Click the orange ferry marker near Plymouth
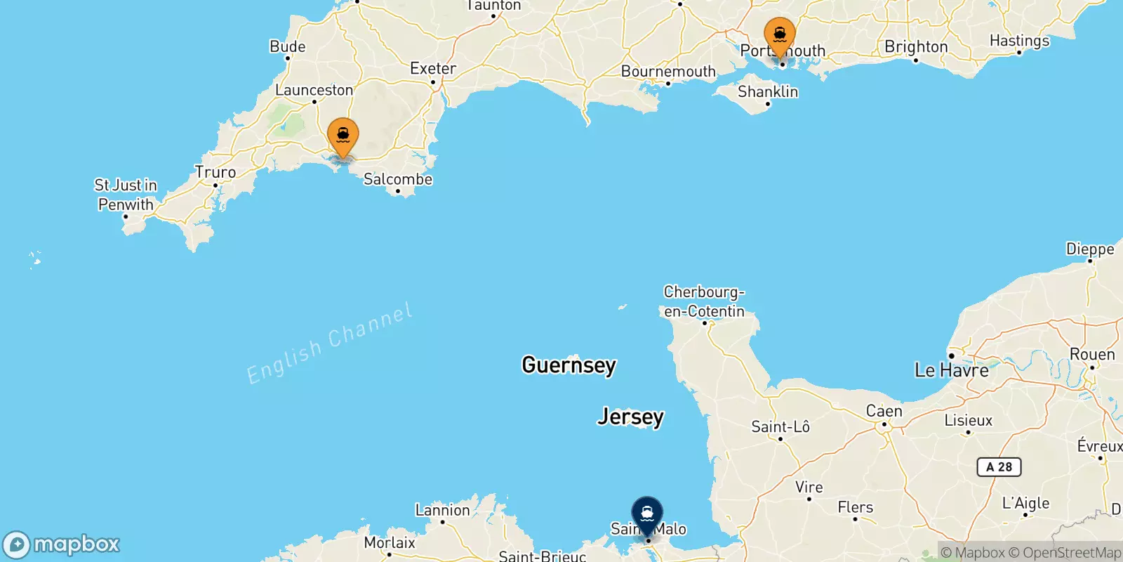[x=343, y=136]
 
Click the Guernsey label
[x=569, y=365]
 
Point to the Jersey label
[x=630, y=417]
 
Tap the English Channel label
[x=329, y=344]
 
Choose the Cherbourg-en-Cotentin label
[x=704, y=301]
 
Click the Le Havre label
[x=951, y=370]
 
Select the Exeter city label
[x=433, y=68]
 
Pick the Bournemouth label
[x=668, y=72]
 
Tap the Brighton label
[x=916, y=47]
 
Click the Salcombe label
[x=398, y=179]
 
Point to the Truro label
[x=215, y=172]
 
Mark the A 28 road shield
[x=999, y=467]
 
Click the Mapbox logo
[x=62, y=544]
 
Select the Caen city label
[x=884, y=411]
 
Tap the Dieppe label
[x=1090, y=249]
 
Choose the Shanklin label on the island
[x=768, y=92]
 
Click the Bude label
[x=288, y=47]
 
